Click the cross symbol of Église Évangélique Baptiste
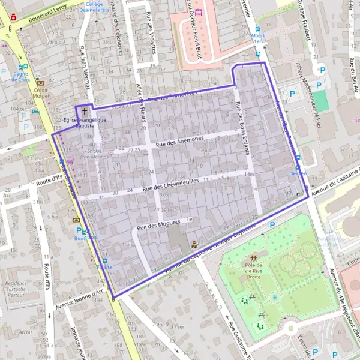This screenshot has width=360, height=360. [x=85, y=111]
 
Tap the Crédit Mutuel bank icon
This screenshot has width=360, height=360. [x=40, y=83]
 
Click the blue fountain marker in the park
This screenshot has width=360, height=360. [x=275, y=297]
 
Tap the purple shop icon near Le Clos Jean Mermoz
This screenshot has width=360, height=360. [x=71, y=161]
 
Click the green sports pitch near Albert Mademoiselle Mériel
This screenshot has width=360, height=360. [x=322, y=101]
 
